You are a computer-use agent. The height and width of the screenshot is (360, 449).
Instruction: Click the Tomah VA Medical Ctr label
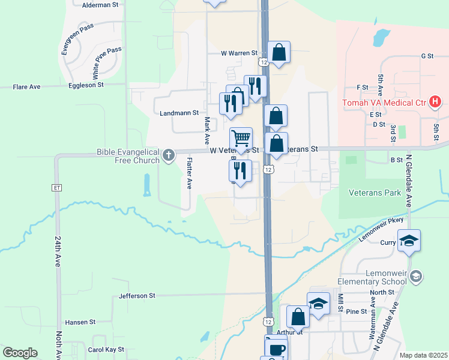click(x=385, y=103)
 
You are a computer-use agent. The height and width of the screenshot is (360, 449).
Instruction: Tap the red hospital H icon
click(x=436, y=103)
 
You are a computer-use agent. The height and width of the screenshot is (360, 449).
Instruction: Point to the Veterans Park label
click(x=375, y=193)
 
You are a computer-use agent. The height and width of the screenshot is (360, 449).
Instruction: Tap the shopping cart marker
click(x=241, y=139)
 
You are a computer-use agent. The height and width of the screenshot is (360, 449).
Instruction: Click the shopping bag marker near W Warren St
click(x=279, y=52)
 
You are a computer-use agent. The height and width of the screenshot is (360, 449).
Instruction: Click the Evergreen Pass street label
click(x=70, y=40)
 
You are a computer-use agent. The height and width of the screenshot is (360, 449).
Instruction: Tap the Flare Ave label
click(x=27, y=87)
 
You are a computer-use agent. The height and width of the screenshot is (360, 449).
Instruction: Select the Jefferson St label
click(x=137, y=296)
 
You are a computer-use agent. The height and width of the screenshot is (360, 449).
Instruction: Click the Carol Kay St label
click(x=106, y=349)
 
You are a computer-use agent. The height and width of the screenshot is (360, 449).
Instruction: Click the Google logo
click(x=20, y=353)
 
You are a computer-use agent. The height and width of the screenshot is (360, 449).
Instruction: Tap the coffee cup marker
click(x=276, y=348)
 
